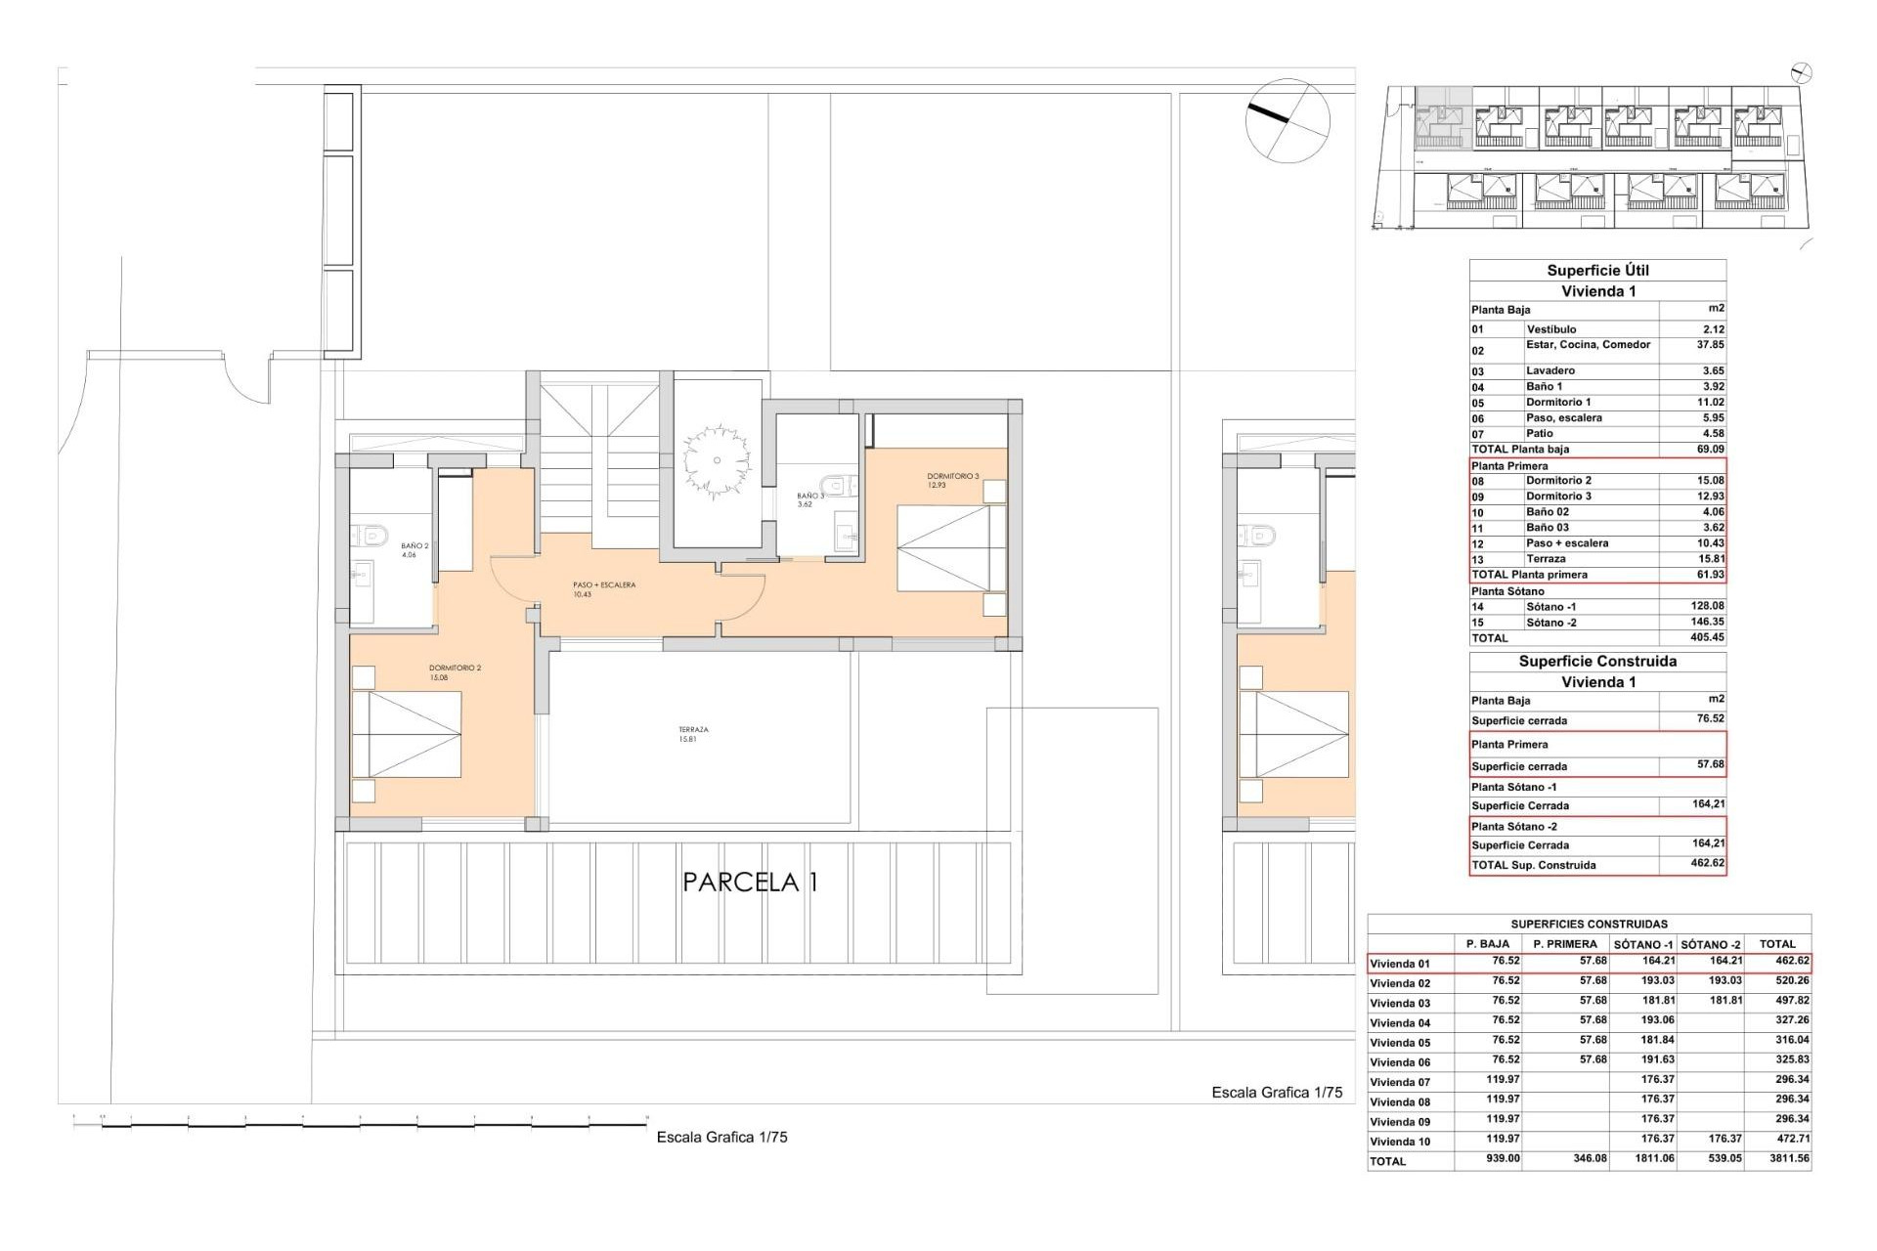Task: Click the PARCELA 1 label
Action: (750, 883)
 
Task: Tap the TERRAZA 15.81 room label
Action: (693, 735)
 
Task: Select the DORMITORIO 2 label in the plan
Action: (455, 672)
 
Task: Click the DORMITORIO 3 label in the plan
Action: (952, 480)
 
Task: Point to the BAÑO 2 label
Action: (415, 550)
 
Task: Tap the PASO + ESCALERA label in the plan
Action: (603, 589)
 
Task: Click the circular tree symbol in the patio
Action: (717, 460)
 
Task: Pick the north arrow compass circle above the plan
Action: (1288, 120)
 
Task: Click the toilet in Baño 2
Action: (369, 535)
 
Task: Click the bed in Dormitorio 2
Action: (407, 735)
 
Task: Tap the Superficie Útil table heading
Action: (1597, 271)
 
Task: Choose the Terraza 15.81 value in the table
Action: (1710, 559)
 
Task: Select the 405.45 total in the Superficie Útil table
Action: (1709, 637)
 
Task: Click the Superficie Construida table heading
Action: (1597, 662)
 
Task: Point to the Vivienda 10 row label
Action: (1399, 1142)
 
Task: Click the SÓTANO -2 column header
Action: (1710, 944)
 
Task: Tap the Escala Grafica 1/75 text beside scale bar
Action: (721, 1138)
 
